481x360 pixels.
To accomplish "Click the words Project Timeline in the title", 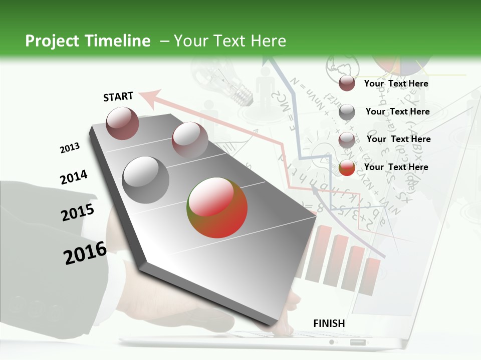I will tap(88, 41).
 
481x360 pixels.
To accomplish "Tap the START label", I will tap(118, 96).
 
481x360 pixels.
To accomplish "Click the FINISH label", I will tap(329, 323).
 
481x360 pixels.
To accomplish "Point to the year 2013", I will tap(70, 148).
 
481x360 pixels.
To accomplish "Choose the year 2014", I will tap(74, 177).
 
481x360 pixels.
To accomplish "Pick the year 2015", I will tap(78, 212).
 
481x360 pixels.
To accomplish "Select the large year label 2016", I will tap(85, 253).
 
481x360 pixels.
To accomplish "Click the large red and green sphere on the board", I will tap(217, 207).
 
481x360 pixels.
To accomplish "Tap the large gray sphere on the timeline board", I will tap(146, 179).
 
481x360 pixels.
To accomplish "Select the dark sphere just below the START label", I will tap(122, 123).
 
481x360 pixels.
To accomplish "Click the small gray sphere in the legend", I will tap(347, 112).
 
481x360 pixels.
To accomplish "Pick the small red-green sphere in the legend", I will tap(347, 168).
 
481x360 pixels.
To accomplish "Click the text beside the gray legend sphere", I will tap(397, 111).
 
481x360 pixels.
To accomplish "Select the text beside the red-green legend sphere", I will tap(396, 167).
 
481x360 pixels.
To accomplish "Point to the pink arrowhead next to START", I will tap(150, 96).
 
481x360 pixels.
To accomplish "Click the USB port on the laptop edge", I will tap(358, 342).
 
